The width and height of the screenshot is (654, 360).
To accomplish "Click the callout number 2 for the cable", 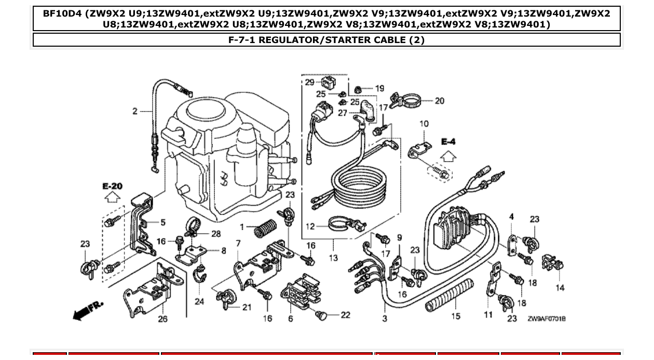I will pos(135,110).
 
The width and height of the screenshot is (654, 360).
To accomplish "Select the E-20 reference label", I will pos(112,186).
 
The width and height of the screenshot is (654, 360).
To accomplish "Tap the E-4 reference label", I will pos(448,141).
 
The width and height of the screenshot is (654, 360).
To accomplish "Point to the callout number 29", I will pos(309,82).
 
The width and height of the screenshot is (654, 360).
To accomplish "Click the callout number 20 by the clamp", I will pos(439,101).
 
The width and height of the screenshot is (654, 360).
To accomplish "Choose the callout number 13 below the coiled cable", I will pos(333,257).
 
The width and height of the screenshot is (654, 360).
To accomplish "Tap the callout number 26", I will pos(162,319).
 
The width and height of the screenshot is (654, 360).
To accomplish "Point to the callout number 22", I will pos(346,315).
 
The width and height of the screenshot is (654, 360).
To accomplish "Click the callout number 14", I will pos(560,287).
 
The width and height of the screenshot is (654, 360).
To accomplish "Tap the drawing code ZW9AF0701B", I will pos(547,319).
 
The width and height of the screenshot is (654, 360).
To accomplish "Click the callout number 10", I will pos(424,123).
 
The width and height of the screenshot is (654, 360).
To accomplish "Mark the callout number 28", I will pos(216,234).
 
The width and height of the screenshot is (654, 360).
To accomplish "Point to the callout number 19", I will pos(379,89).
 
